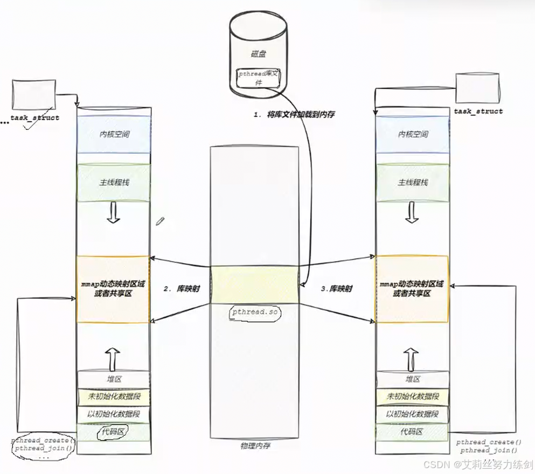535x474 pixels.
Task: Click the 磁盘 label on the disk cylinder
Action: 258,54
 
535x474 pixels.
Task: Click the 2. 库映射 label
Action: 182,289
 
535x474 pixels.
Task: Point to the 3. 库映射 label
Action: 337,289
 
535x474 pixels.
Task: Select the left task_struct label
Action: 35,117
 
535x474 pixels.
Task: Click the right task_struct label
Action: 478,111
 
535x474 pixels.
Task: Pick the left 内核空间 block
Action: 113,135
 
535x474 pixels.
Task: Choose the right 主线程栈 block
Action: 413,183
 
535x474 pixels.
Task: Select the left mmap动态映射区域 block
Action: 113,289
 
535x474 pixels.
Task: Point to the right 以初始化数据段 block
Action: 412,414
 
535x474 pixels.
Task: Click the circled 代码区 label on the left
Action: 113,431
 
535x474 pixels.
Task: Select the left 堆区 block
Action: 113,379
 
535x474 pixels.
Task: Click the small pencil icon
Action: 160,221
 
